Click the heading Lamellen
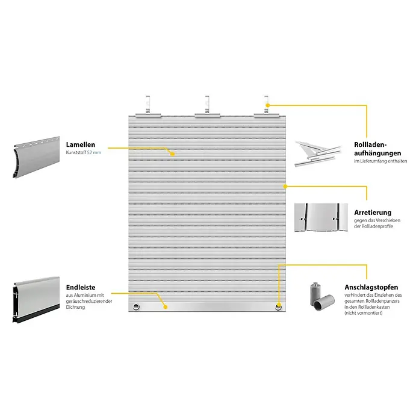[81, 144]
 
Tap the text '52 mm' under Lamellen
[94, 152]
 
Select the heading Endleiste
[81, 287]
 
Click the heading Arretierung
[373, 213]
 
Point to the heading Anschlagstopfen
[371, 288]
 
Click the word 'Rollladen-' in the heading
[370, 144]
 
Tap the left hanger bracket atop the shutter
[148, 107]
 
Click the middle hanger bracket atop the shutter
[207, 107]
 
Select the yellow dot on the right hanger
[268, 105]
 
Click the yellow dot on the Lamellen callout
[173, 154]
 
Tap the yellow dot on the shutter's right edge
[285, 186]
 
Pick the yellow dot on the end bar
[166, 307]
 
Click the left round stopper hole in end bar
[136, 306]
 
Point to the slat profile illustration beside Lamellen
[36, 157]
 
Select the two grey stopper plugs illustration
[322, 297]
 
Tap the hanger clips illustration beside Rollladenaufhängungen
[318, 154]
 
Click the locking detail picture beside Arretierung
[321, 217]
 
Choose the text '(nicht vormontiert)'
[364, 313]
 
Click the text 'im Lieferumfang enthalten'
[380, 161]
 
